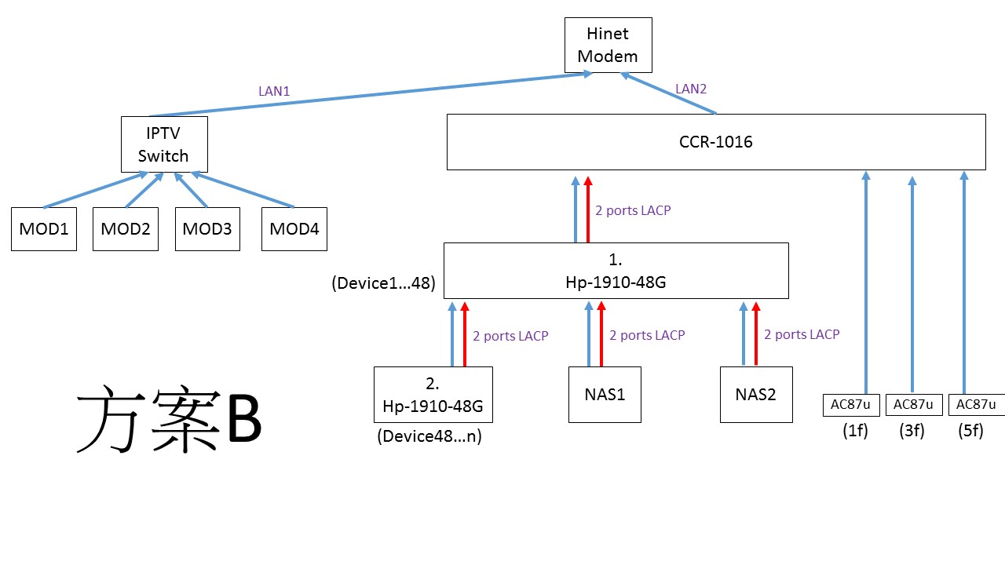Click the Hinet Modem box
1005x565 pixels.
point(608,45)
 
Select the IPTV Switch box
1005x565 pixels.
point(164,144)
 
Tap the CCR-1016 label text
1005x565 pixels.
point(715,142)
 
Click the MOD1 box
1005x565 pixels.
point(44,228)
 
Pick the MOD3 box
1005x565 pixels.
point(207,228)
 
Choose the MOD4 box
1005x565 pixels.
point(294,228)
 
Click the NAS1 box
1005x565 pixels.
point(605,395)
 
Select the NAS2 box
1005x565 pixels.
point(756,395)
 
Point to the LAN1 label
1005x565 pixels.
point(274,91)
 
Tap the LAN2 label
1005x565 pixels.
point(691,89)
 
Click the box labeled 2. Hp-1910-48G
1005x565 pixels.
point(433,395)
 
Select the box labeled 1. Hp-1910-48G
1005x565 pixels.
point(616,271)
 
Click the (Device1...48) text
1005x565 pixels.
point(384,283)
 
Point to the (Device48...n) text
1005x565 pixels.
point(429,436)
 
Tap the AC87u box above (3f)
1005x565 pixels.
point(914,405)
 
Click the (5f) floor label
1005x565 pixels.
point(970,431)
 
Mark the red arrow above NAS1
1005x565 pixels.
point(601,334)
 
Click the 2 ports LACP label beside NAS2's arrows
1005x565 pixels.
point(802,334)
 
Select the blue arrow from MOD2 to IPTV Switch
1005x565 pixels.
point(144,190)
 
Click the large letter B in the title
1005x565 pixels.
point(244,419)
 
